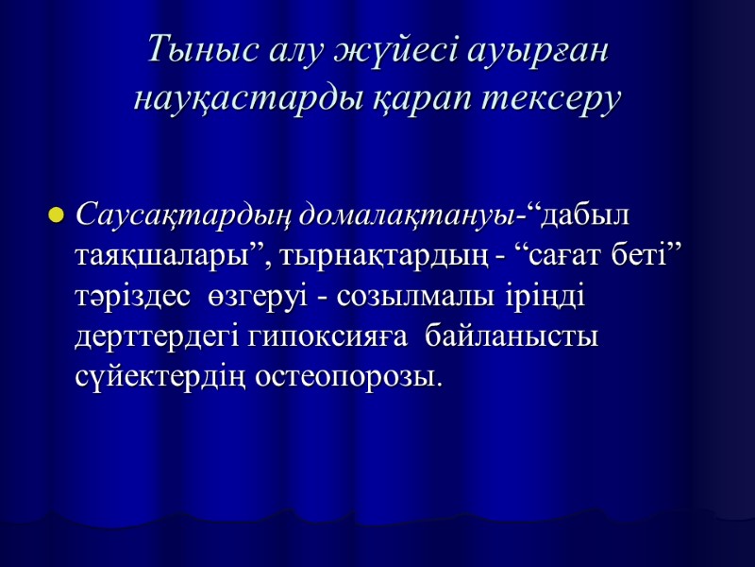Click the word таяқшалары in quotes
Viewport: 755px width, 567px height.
[173, 255]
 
